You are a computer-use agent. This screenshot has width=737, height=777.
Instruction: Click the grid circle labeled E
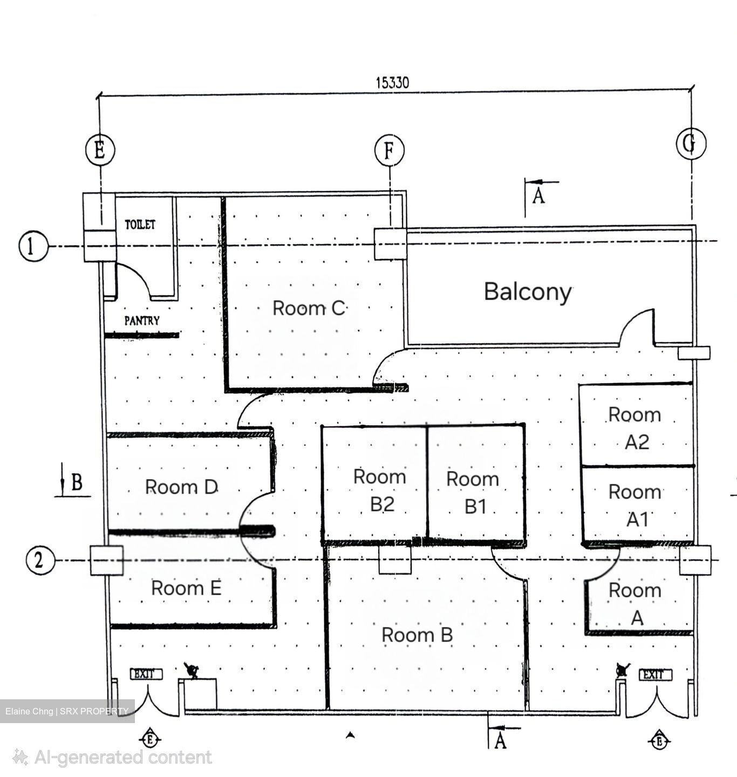click(x=100, y=151)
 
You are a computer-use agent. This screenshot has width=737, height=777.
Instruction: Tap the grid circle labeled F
click(x=389, y=151)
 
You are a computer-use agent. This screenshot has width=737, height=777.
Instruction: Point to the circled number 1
click(x=33, y=246)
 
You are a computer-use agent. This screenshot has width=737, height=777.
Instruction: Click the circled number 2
click(x=40, y=561)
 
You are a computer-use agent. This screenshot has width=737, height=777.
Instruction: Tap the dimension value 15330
click(x=392, y=83)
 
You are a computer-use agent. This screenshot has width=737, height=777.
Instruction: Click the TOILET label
click(x=140, y=224)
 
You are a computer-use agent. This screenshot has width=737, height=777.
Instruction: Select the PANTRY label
click(x=142, y=321)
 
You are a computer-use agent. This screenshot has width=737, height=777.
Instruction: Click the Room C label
click(x=309, y=308)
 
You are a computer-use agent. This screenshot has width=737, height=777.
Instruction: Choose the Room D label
click(x=181, y=487)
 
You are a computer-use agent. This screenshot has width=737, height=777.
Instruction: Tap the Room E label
click(x=186, y=588)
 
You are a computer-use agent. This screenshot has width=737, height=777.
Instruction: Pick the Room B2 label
click(x=380, y=490)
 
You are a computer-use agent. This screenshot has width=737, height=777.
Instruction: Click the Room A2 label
click(x=634, y=428)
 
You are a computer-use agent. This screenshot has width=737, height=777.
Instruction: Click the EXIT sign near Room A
click(x=655, y=674)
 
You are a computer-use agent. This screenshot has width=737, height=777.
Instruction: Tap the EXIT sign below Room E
click(x=146, y=674)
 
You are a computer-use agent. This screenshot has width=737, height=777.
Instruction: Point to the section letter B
click(x=77, y=482)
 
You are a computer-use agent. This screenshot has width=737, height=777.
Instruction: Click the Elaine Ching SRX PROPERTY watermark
click(x=67, y=711)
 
